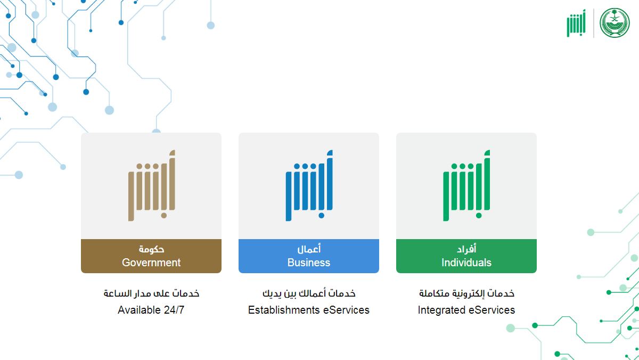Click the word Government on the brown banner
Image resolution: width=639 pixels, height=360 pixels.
point(151,263)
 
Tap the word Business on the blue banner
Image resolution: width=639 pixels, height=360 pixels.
point(309,263)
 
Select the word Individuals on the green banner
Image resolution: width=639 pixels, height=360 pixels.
point(466,263)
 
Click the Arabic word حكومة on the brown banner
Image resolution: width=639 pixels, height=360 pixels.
point(151,249)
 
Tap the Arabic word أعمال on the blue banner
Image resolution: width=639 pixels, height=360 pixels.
point(309,249)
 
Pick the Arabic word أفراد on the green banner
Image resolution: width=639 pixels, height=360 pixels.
point(466,249)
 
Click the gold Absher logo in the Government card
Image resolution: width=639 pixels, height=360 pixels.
point(152,185)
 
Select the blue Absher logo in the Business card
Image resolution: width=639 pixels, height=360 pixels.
point(309,185)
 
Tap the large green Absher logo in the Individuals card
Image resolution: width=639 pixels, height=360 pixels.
point(466,185)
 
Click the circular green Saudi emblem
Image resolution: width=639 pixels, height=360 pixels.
point(615,23)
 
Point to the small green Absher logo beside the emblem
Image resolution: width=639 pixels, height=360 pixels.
point(576,23)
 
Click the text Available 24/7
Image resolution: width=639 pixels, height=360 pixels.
point(151,310)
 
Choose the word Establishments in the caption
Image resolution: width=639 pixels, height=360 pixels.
point(284,310)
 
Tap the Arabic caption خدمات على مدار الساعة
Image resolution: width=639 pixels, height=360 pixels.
point(151,293)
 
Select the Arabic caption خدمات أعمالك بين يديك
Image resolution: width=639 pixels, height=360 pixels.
point(309,293)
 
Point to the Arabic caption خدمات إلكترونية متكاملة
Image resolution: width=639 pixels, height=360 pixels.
point(466,293)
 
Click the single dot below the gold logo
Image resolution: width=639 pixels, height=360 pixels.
point(164,216)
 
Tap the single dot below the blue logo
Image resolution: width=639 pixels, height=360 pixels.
point(321,216)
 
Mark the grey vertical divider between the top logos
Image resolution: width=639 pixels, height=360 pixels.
point(594,23)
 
